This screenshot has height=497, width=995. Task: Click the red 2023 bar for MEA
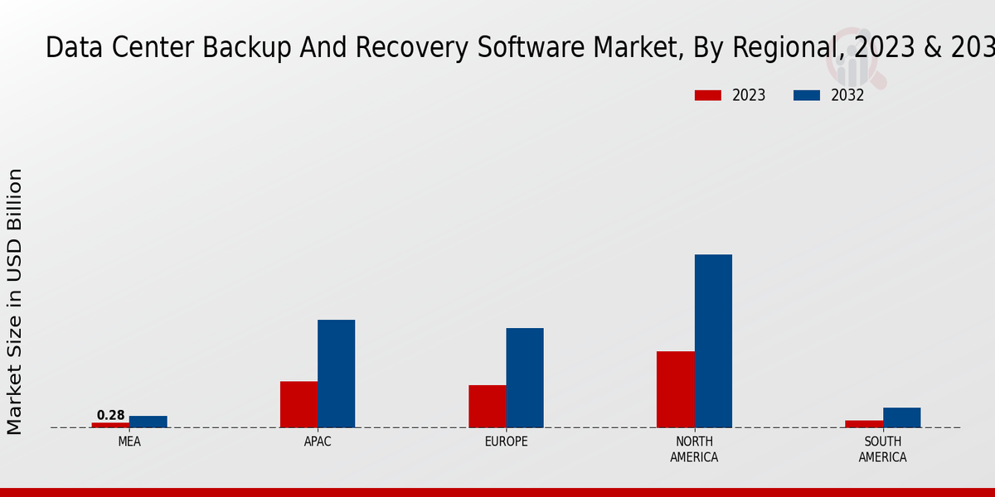tap(110, 425)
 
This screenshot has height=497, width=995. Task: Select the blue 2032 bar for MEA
tap(148, 422)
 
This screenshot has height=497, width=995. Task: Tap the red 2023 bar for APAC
tap(298, 404)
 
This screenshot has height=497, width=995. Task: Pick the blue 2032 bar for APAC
tap(337, 374)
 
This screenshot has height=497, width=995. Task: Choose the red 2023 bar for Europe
tap(488, 406)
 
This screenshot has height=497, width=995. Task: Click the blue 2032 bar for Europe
tap(525, 378)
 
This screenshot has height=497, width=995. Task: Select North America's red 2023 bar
tap(676, 389)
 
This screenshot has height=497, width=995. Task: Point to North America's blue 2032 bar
tap(713, 340)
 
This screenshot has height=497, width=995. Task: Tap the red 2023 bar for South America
tap(864, 424)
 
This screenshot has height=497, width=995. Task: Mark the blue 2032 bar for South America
tap(901, 417)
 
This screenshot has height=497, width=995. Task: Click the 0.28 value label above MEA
tap(110, 415)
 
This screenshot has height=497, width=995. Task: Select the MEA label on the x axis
tap(129, 442)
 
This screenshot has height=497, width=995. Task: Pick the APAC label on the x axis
tap(318, 442)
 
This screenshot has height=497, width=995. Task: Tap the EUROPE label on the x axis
tap(506, 442)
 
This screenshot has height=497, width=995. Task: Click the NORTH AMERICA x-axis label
tap(694, 449)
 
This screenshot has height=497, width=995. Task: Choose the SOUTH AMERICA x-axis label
tap(882, 449)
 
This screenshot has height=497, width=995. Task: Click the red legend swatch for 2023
tap(707, 95)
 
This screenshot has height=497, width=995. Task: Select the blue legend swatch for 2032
tap(806, 95)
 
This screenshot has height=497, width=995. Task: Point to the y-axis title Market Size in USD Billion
tap(15, 302)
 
